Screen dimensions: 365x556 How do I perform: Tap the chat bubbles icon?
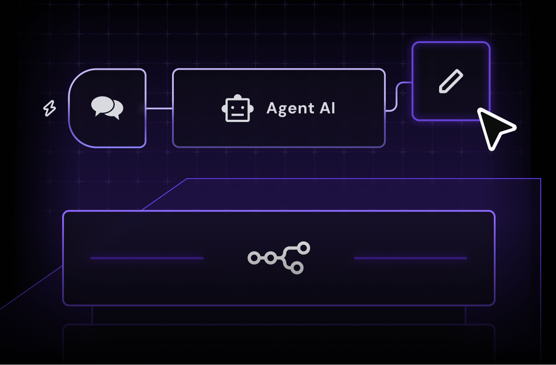tap(107, 108)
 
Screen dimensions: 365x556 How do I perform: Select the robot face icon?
tap(238, 108)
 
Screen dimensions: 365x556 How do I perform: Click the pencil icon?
tap(451, 81)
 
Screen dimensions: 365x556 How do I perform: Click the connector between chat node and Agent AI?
tap(159, 108)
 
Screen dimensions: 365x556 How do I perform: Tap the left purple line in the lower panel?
tap(147, 258)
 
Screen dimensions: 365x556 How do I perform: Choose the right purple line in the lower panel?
tap(410, 258)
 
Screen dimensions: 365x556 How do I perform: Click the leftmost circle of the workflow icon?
tap(254, 258)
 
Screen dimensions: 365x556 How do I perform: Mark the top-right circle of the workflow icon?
tap(304, 248)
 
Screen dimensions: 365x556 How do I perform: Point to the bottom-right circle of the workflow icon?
tap(297, 269)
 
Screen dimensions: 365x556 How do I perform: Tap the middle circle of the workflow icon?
tap(270, 258)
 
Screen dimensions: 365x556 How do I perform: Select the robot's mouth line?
tap(238, 115)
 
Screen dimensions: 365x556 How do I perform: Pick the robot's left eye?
tap(232, 107)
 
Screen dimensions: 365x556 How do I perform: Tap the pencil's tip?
tap(441, 90)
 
